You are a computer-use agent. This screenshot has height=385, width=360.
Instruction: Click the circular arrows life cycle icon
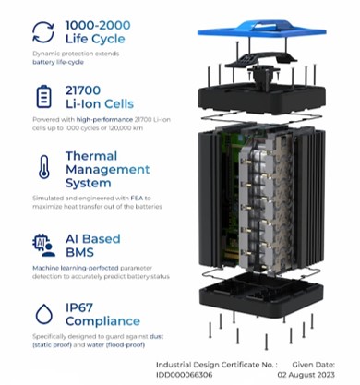pos(43,31)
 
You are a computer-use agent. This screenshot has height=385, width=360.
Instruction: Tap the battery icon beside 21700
pos(44,96)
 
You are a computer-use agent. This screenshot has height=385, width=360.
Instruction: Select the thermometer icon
pos(44,167)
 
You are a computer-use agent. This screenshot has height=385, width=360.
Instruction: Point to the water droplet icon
pos(44,314)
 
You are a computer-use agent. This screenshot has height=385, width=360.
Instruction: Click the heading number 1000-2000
pos(98,25)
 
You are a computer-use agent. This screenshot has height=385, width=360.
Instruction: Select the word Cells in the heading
pos(119,103)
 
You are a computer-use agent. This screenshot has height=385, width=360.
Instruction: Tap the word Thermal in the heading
pos(91,156)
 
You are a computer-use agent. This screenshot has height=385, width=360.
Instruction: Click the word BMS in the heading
pos(79,252)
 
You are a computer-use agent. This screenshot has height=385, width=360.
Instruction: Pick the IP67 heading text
pos(79,307)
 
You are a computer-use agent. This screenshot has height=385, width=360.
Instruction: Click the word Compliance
pos(102,321)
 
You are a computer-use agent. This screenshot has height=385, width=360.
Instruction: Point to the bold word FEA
pos(137,198)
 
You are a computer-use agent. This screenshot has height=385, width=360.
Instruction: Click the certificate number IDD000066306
pos(184,375)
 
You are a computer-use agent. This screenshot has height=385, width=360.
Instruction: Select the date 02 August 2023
pos(306,375)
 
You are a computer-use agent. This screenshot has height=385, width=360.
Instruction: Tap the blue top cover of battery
pos(261,30)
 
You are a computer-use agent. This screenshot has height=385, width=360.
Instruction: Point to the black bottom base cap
pos(261,296)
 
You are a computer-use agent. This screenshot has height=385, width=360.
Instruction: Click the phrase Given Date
pos(314,365)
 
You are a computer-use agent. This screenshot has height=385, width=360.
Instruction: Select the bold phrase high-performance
pos(104,120)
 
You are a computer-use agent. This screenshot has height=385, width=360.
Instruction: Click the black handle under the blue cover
pos(260,60)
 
